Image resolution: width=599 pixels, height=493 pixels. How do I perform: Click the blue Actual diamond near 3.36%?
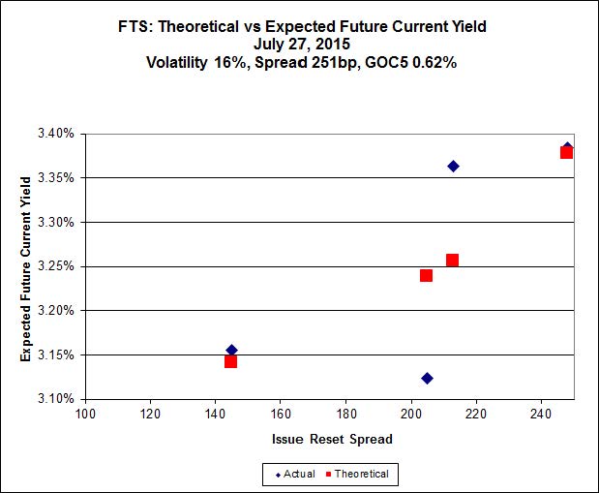(x=453, y=166)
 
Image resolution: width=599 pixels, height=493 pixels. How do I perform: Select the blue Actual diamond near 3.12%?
(x=427, y=378)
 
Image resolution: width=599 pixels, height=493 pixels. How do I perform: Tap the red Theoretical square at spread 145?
(x=230, y=361)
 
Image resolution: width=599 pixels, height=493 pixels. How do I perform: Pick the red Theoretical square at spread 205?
(x=426, y=275)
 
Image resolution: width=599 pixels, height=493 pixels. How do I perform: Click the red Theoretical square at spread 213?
(x=452, y=260)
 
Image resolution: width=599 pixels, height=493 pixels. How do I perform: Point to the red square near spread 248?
(x=566, y=152)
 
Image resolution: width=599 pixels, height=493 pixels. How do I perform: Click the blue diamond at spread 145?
(x=231, y=350)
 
